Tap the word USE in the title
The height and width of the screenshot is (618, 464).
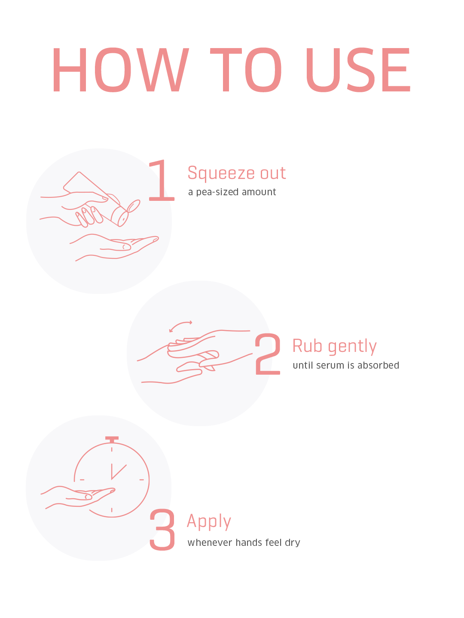click(x=358, y=70)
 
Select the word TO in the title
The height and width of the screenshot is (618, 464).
click(x=246, y=70)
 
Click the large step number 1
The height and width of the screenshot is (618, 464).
click(x=162, y=180)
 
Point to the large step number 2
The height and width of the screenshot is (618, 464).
click(x=268, y=354)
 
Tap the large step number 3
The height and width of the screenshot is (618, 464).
click(x=162, y=529)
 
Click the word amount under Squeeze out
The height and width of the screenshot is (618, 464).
click(x=259, y=192)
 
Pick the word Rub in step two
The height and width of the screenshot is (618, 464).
click(x=307, y=346)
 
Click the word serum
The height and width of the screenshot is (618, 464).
click(x=332, y=366)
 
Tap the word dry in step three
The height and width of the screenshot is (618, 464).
click(x=293, y=543)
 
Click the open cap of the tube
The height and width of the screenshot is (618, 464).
click(x=133, y=206)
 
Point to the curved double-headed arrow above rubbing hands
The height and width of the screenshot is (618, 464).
click(x=180, y=324)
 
